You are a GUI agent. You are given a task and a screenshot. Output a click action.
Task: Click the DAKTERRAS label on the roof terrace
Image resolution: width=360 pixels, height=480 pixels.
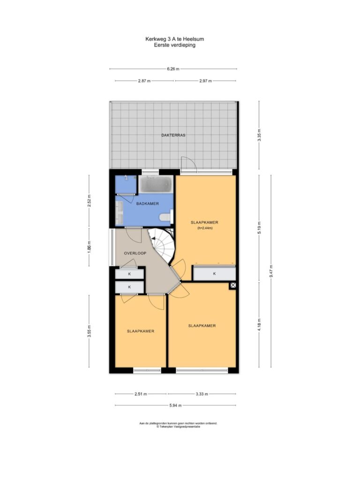coord(173,135)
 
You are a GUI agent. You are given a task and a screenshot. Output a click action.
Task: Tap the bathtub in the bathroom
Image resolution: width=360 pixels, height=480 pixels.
coord(156,184)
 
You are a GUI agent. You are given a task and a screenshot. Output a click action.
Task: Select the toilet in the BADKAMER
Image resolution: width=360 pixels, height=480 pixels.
coord(166,217)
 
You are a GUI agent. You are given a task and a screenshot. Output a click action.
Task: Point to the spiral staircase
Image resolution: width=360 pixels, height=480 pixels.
coord(162,245)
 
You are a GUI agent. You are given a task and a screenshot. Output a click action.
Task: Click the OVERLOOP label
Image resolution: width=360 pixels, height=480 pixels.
coord(135,253)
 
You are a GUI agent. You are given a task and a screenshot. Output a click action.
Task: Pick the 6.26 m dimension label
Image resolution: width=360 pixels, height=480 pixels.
coord(173,69)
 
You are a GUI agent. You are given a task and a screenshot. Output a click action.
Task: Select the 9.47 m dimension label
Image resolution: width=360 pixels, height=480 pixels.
coord(271,271)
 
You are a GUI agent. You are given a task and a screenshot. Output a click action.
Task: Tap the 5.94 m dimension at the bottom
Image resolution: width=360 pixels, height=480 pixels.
coord(175,405)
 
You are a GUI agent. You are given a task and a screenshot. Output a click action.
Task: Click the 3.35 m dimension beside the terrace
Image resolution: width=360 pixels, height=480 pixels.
coord(259,135)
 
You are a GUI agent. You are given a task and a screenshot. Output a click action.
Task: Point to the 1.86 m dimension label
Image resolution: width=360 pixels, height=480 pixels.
coord(89,247)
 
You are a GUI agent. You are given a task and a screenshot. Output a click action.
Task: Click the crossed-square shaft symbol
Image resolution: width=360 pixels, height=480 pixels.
coord(232,285)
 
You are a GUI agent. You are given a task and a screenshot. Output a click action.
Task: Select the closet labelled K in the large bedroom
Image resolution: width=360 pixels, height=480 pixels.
coord(214,273)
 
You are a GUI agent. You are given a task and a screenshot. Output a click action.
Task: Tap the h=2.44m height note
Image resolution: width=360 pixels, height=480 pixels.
coord(205,228)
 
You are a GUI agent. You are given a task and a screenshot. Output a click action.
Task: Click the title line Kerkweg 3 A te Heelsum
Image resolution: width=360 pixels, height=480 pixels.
coord(174,39)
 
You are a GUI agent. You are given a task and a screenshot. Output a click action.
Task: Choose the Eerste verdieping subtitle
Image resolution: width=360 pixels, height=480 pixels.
coord(174,45)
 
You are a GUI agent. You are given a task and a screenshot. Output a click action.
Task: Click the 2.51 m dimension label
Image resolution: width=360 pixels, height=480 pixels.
coord(141,394)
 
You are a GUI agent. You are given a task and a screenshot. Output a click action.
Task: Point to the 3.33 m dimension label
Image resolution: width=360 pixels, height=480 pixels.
coord(202,394)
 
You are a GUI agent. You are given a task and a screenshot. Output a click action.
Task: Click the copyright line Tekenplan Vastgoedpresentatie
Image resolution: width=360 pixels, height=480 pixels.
coord(178,427)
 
